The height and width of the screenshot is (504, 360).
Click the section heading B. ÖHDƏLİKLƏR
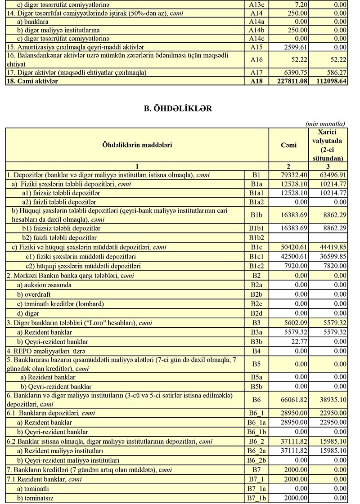(178, 108)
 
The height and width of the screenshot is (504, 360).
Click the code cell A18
(256, 81)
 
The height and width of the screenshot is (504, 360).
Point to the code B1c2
(256, 266)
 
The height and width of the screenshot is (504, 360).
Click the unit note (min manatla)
(325, 124)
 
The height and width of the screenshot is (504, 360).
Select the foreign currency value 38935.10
(331, 399)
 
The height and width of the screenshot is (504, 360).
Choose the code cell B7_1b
(256, 498)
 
